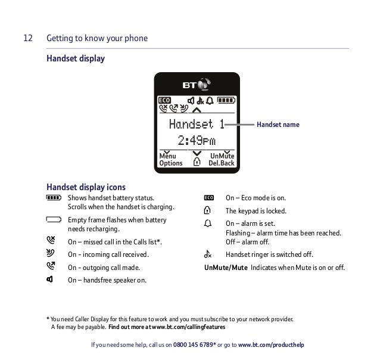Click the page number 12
27,39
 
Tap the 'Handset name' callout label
278,125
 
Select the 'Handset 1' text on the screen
196,124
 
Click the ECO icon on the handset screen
164,100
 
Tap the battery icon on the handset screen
226,100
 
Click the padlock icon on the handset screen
197,162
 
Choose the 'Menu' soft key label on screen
167,156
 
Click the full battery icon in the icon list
52,198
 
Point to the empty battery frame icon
52,220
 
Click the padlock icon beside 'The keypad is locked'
207,211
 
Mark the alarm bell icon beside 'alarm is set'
207,224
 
